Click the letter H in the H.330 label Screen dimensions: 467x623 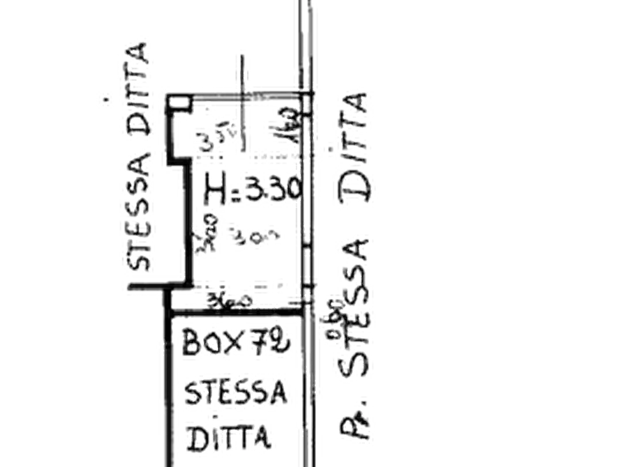(x=213, y=188)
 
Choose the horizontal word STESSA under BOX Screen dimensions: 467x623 (x=236, y=392)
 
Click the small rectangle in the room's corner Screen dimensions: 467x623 (x=179, y=102)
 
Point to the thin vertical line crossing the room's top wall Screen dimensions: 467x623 (x=244, y=98)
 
